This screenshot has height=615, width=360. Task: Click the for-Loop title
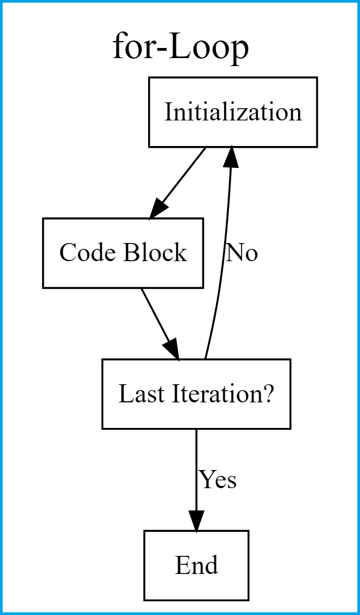coord(181,48)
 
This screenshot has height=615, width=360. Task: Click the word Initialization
coord(233,112)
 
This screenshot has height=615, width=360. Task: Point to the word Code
coord(87,253)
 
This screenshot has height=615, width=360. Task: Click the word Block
coord(155,253)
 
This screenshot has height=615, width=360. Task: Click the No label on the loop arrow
coord(242,253)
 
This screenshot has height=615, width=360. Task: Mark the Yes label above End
coord(218,480)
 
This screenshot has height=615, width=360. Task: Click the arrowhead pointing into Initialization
coord(232,158)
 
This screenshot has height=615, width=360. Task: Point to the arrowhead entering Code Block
coord(159,208)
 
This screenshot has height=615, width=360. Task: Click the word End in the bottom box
coord(196,565)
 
